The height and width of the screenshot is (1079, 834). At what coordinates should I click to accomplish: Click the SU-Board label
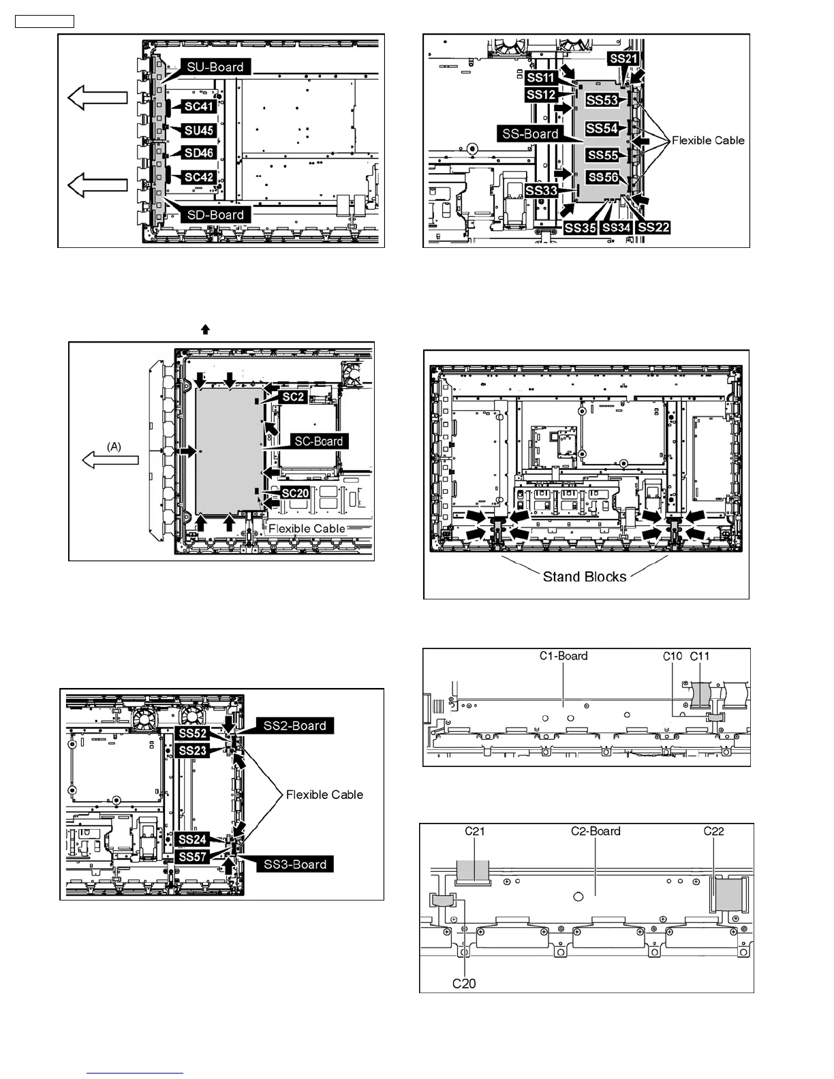215,67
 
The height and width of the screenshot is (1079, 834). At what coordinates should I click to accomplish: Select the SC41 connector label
199,106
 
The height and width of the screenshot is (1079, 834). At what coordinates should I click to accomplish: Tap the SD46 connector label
199,153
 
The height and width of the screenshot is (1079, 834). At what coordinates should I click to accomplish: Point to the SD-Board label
215,215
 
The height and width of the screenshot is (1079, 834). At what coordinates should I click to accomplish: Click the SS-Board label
530,134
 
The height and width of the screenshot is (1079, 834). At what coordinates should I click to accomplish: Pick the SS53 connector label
602,100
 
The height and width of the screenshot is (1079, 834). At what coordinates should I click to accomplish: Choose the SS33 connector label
541,191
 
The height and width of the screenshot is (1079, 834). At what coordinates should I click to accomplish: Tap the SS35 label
580,228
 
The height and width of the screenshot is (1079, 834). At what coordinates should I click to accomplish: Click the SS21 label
623,59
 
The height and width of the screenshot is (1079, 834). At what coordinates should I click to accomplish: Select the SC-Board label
318,441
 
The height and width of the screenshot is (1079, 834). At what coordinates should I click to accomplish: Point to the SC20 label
295,493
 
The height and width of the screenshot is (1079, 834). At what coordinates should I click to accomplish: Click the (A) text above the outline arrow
114,446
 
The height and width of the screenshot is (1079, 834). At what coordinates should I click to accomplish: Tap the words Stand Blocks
585,576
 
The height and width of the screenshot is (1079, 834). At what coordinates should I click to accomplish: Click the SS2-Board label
294,725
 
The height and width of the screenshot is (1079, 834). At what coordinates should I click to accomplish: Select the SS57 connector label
192,857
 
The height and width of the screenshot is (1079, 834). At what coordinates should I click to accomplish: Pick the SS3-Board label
294,864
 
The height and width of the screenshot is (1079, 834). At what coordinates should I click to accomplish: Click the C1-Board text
563,656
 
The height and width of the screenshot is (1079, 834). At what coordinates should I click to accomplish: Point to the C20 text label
464,984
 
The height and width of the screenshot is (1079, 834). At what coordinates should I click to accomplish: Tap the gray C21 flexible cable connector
472,871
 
